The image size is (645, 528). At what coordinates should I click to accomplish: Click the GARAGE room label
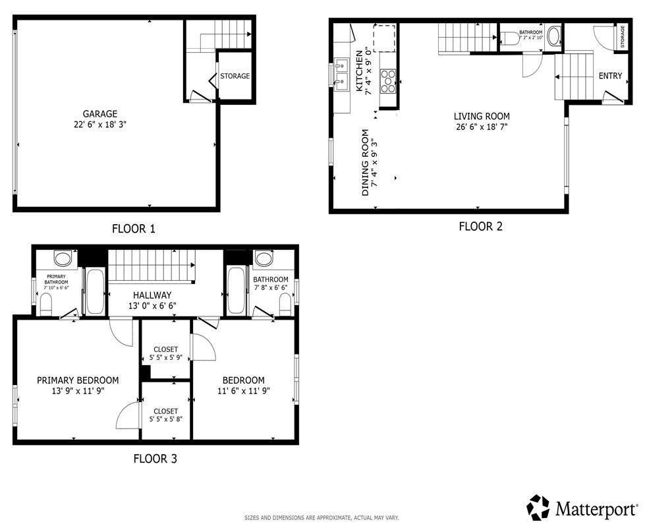pos(100,114)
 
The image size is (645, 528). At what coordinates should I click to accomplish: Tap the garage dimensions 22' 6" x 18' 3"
pos(100,125)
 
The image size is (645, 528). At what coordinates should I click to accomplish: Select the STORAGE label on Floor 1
pos(235,76)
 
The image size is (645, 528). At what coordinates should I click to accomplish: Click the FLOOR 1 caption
pos(134,229)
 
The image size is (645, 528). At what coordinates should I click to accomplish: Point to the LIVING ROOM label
pos(482,117)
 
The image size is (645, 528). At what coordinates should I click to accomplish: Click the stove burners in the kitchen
pos(388,81)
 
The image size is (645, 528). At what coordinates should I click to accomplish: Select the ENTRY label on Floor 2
pos(611,76)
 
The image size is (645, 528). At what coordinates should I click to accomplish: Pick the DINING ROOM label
pos(365,163)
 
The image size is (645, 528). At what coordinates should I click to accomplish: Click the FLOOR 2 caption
pos(481,226)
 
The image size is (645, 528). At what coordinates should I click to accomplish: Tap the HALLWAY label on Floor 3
pos(152,295)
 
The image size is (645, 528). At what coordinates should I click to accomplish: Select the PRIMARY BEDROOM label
pos(78,380)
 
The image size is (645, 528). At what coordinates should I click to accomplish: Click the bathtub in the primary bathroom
pos(95,291)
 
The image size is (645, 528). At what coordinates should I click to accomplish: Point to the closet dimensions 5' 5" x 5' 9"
pos(166,358)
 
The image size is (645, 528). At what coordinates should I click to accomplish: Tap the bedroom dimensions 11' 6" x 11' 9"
pos(244,391)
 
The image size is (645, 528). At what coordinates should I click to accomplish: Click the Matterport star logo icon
pos(538,507)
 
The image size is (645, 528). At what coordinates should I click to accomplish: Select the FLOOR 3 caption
pos(155,459)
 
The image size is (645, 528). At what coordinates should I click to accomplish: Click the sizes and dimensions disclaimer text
pos(322,517)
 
